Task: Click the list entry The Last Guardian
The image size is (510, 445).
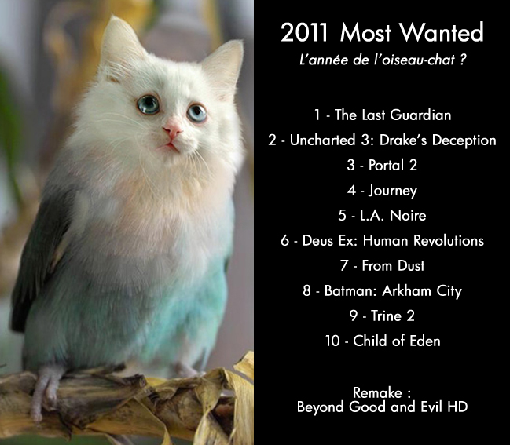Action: [393, 115]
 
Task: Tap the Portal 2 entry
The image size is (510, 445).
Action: [393, 166]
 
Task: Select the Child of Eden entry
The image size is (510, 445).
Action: [396, 341]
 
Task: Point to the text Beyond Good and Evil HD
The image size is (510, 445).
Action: [383, 407]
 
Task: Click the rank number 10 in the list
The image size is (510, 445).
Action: [331, 341]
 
